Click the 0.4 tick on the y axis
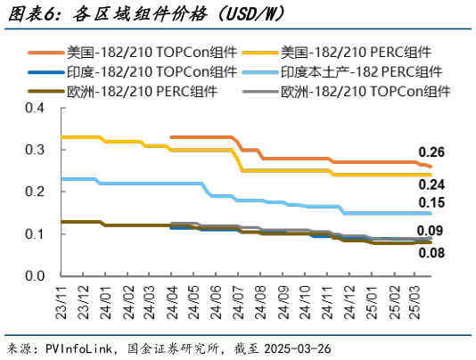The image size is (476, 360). pos(34,108)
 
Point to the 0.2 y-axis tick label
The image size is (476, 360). pos(34,192)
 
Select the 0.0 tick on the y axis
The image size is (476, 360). pos(34,275)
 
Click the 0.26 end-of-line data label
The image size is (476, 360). pos(431,151)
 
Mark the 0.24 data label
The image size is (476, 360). pos(431,184)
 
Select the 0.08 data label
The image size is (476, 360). pos(431,253)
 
